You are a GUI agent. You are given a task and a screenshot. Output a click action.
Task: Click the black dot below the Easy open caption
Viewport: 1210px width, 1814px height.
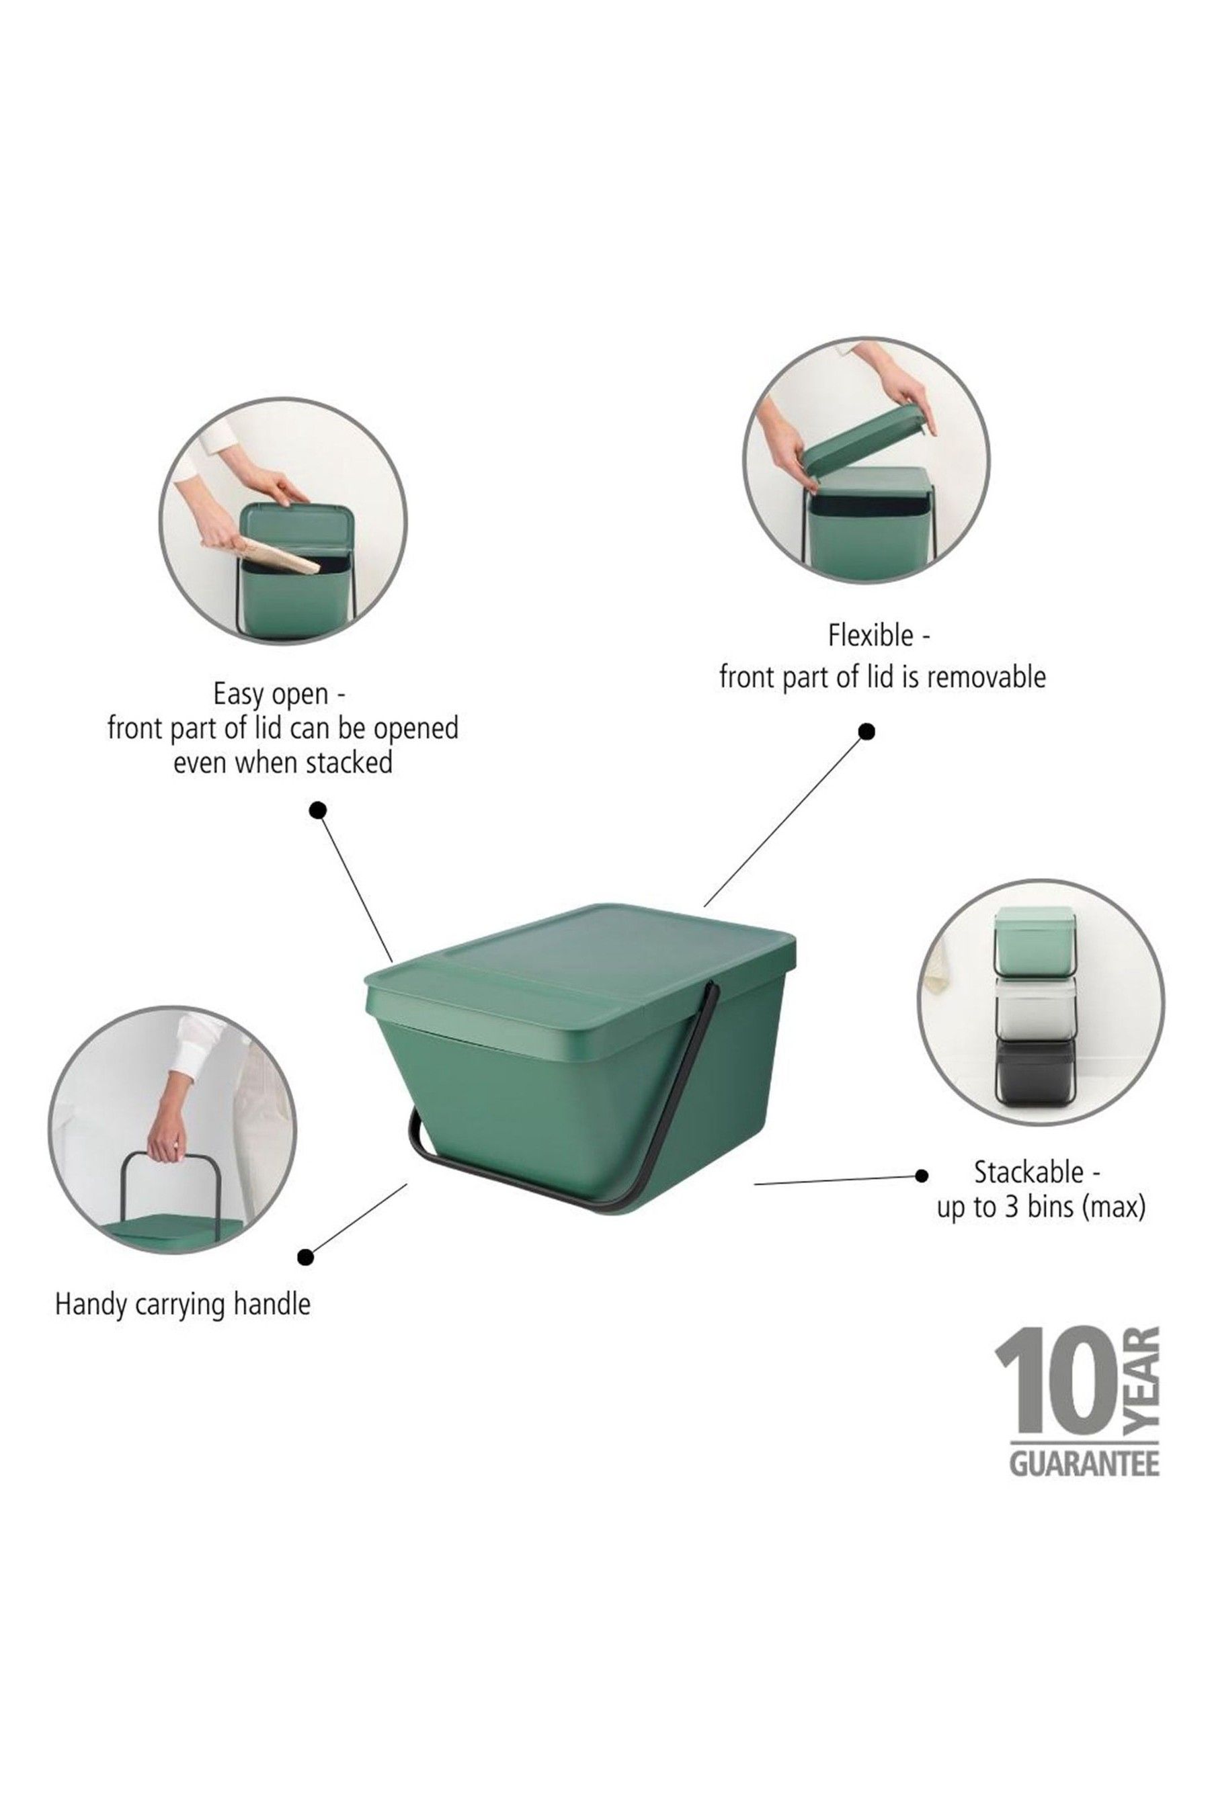tap(317, 810)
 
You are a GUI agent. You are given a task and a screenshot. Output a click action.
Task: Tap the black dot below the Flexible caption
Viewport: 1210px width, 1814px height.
tap(866, 731)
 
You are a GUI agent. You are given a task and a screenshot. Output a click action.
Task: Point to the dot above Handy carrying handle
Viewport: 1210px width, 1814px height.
tap(306, 1257)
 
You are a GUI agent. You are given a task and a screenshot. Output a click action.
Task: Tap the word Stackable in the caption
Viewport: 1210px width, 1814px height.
tap(1028, 1173)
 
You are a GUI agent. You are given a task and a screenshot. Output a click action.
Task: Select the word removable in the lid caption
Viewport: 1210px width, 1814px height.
tap(986, 678)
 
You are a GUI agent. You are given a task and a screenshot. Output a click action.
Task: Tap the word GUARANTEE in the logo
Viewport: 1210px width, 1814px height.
tap(1084, 1465)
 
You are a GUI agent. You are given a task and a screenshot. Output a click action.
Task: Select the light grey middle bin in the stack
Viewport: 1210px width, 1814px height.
tap(1034, 1006)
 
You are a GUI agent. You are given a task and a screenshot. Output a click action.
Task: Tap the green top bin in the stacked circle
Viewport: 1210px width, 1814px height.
tap(1034, 943)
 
